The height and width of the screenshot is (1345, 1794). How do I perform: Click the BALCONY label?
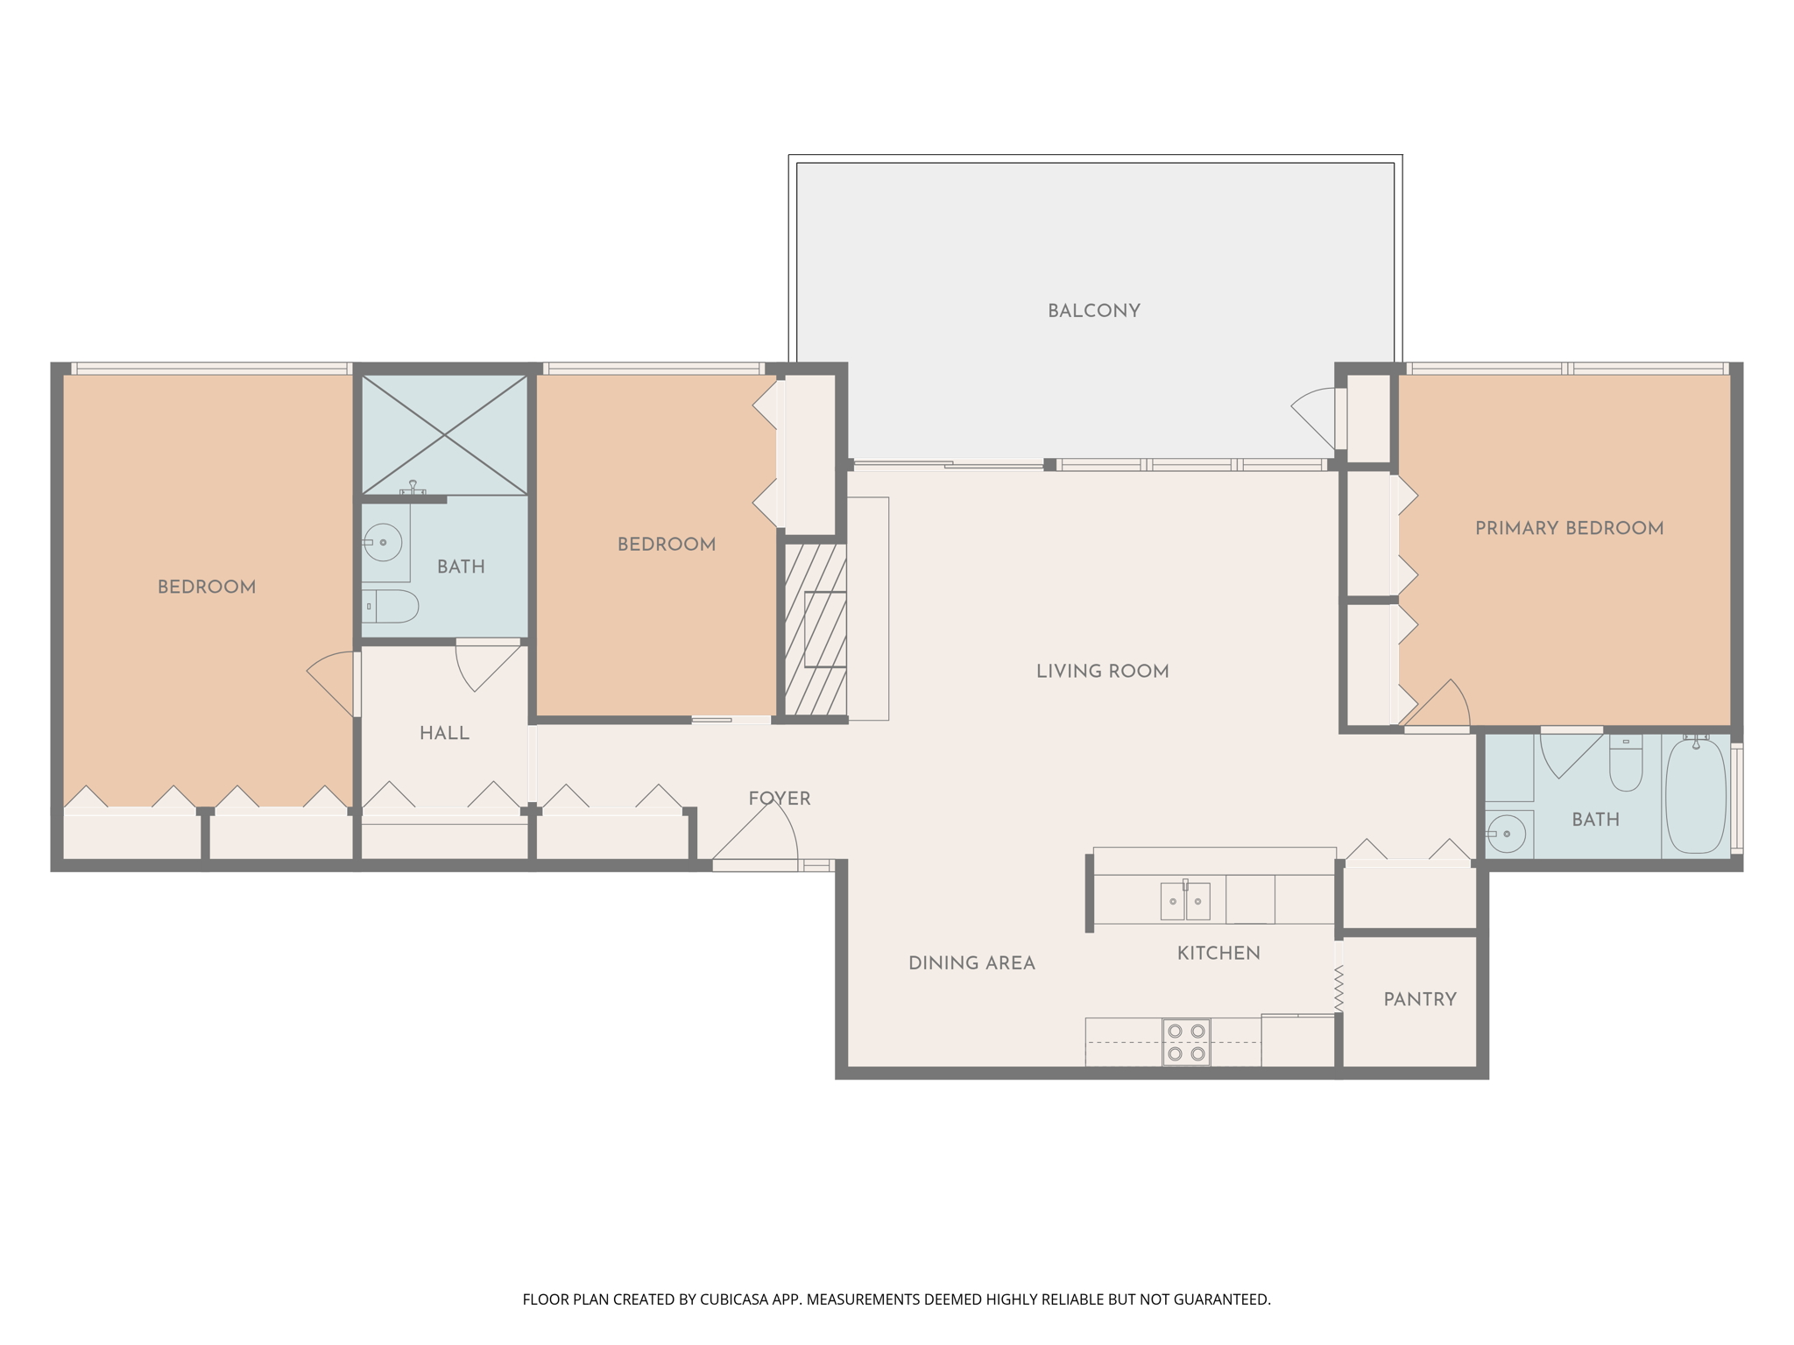click(1093, 311)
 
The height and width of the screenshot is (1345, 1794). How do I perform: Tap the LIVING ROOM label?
click(1102, 672)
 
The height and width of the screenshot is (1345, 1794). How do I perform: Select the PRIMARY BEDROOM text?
click(1569, 528)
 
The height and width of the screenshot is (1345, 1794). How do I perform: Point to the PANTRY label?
click(1419, 999)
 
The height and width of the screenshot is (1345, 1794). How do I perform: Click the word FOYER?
click(779, 799)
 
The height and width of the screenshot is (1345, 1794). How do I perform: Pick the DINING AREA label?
click(971, 963)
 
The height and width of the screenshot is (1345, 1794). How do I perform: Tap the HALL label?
click(444, 733)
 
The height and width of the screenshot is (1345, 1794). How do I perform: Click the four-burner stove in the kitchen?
click(1186, 1042)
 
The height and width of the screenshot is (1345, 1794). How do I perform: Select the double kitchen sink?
click(1185, 901)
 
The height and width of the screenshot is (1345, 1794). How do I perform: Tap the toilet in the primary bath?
click(1626, 765)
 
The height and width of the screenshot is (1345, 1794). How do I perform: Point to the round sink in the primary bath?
click(1506, 834)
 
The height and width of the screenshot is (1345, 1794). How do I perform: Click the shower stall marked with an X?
click(445, 434)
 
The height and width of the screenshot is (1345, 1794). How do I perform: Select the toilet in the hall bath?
click(392, 606)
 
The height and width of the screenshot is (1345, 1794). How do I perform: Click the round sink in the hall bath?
click(383, 543)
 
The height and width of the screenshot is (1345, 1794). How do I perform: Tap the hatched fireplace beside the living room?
click(816, 630)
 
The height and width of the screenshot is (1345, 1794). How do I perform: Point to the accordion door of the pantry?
click(1338, 988)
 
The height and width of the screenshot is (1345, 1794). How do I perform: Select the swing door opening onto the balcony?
click(1317, 417)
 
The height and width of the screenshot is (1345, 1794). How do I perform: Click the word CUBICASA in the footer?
click(733, 1299)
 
